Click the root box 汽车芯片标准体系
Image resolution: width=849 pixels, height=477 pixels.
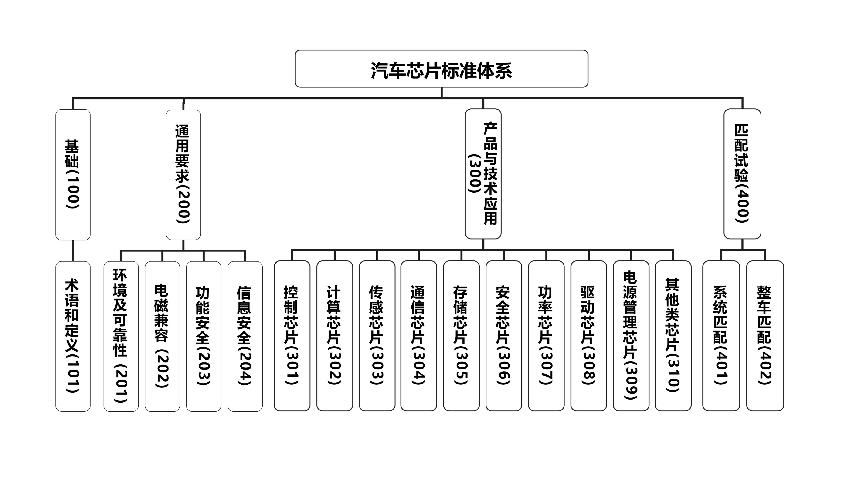point(441,69)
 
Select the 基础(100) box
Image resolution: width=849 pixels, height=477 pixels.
point(73,174)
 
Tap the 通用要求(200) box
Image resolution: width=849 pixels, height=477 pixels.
point(183,174)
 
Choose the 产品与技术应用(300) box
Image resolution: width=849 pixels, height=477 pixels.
point(483,174)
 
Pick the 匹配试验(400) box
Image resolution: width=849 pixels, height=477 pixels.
point(742,174)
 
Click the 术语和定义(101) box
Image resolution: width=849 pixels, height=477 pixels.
point(73,336)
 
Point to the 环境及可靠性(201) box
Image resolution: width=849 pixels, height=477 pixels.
point(121,336)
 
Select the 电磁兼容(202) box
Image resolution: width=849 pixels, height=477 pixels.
point(162,336)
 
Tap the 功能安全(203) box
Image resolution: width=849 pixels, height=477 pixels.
point(203,336)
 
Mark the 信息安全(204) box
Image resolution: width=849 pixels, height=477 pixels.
point(245,336)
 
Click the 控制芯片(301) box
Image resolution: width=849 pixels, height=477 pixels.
point(292,336)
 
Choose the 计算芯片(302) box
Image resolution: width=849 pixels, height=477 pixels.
point(335,336)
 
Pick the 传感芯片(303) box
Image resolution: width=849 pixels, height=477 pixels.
point(377,336)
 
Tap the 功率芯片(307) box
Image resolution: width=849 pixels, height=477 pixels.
point(546,336)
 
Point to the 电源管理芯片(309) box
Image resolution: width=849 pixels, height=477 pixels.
point(631,336)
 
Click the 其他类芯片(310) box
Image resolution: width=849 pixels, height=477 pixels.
point(673,336)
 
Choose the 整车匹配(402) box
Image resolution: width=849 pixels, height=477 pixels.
point(765,336)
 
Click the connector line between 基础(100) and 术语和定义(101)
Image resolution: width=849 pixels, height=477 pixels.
point(73,251)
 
